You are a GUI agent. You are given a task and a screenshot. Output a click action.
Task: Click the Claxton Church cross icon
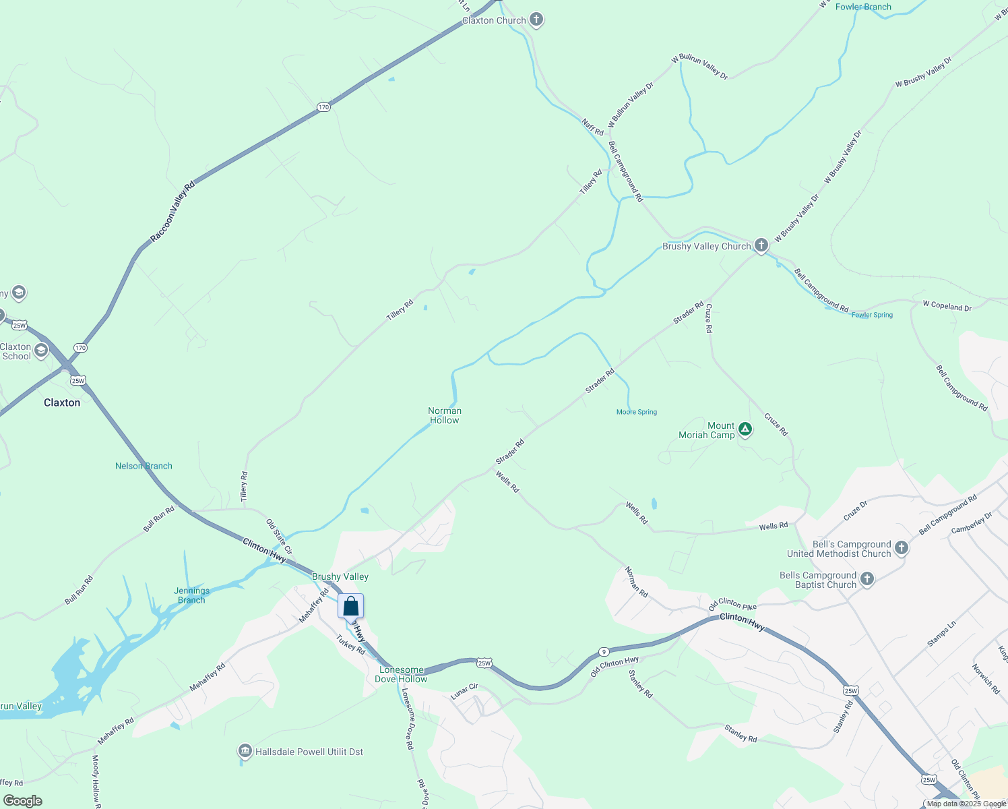point(536,20)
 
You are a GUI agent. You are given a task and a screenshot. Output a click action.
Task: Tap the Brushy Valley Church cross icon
point(761,245)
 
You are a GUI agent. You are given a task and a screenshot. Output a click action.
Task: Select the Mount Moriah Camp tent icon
point(745,429)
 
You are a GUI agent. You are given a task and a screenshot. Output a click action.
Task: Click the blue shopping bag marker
point(350,606)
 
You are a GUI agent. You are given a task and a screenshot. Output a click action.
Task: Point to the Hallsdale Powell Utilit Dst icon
point(245,751)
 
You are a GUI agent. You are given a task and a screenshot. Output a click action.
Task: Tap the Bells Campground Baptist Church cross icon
point(867,578)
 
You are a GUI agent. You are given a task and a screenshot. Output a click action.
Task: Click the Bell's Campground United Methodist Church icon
point(902,548)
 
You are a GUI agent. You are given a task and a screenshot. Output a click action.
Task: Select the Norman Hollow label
point(445,415)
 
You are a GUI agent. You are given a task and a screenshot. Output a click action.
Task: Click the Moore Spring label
point(636,412)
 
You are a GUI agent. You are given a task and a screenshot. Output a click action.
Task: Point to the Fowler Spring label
point(872,315)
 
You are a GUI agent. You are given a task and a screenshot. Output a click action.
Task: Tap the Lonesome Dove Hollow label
point(401,674)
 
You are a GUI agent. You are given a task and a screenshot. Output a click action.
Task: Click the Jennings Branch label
point(191,595)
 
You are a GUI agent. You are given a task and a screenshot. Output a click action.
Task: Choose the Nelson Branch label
point(144,466)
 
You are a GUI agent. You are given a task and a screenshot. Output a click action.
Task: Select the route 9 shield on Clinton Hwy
point(604,652)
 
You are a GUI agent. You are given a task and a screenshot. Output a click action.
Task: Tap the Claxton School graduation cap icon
point(42,350)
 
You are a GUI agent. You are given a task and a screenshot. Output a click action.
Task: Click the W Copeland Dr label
point(947,306)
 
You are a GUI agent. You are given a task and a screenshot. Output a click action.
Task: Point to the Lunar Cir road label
point(464,691)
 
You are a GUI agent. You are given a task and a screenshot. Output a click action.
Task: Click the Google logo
point(22,801)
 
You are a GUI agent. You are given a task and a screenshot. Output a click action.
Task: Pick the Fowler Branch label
point(863,7)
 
